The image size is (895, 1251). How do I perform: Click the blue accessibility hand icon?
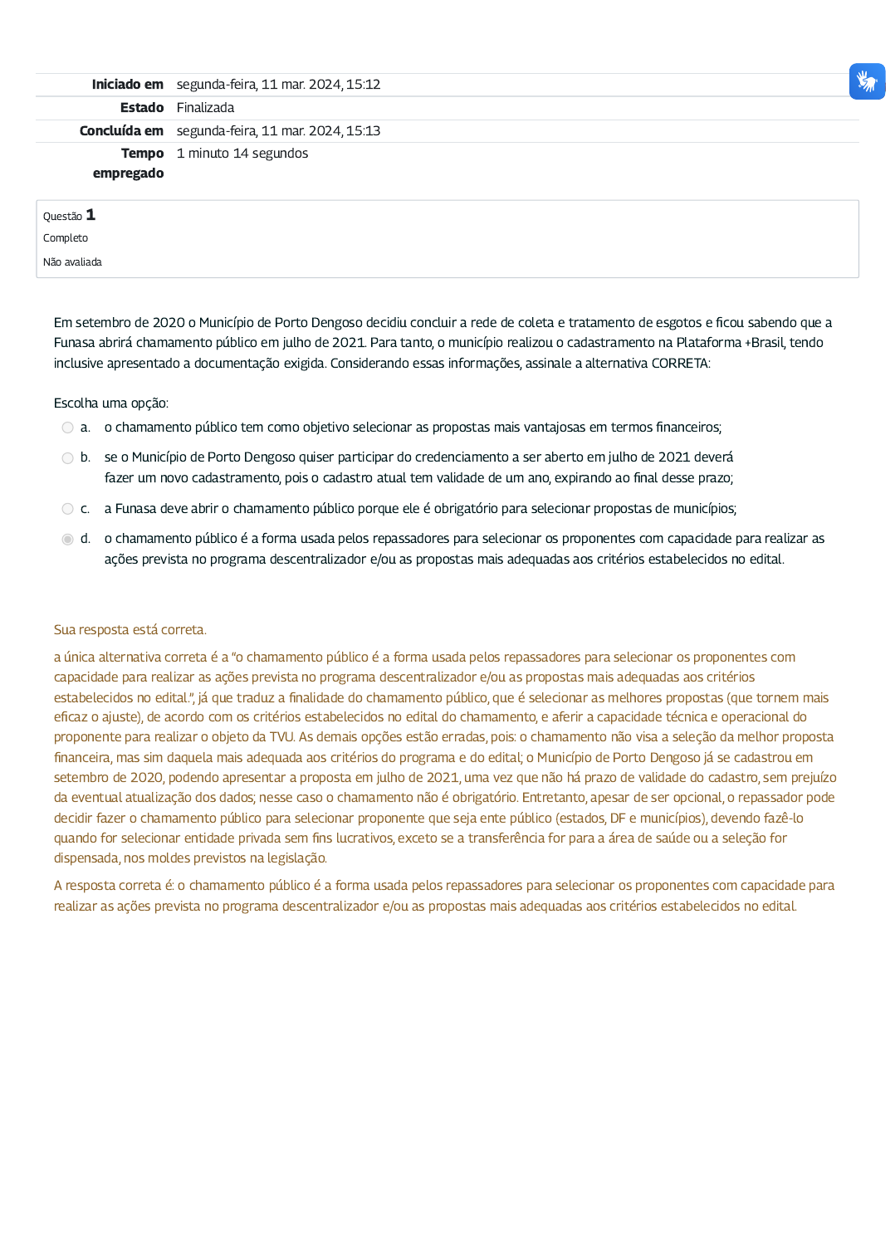point(867,81)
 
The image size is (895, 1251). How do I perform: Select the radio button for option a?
point(67,428)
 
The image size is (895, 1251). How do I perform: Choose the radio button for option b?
point(67,458)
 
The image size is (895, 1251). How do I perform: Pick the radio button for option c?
point(67,509)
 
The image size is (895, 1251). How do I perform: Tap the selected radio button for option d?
point(67,540)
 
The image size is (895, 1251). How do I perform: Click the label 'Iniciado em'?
point(127,85)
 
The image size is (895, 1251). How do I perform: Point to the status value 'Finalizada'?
point(205,108)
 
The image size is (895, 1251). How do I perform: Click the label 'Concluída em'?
point(121,131)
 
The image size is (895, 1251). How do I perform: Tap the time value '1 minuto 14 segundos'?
point(242,154)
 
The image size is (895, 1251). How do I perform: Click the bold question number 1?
point(90,215)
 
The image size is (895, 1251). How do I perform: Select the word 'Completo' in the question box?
point(66,238)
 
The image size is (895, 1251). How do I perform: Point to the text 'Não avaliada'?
point(72,262)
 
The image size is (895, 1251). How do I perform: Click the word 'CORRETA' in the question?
point(680,364)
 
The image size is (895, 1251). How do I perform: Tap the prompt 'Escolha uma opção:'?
point(111,403)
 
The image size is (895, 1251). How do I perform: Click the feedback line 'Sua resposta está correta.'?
point(130,630)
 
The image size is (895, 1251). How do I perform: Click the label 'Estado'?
point(142,108)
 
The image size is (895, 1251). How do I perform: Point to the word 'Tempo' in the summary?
point(142,154)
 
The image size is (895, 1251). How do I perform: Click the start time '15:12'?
point(363,85)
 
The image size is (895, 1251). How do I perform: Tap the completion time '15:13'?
point(363,131)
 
